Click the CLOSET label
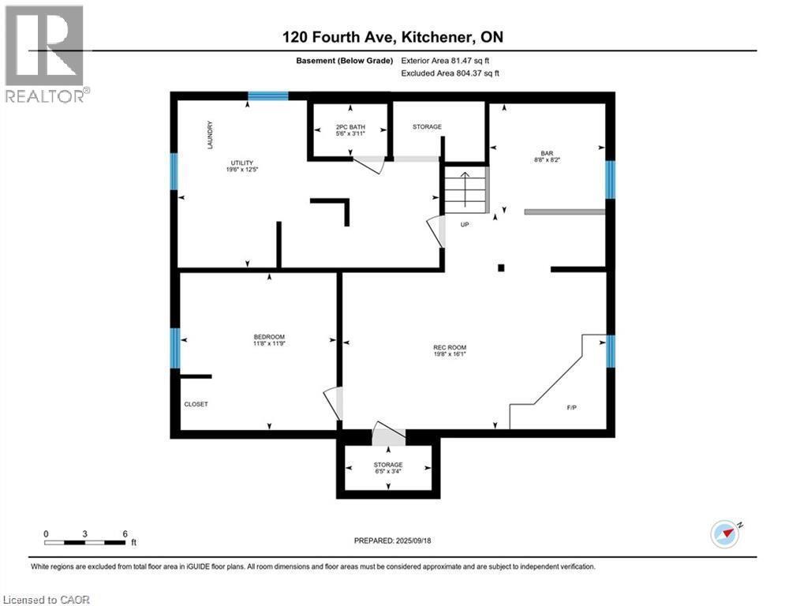point(196,404)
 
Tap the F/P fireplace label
point(571,408)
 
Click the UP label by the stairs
point(465,224)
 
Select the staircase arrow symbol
point(465,190)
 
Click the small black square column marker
point(501,267)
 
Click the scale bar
point(85,542)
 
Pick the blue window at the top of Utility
point(267,96)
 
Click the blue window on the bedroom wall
point(175,348)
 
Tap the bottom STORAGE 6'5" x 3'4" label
point(388,468)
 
